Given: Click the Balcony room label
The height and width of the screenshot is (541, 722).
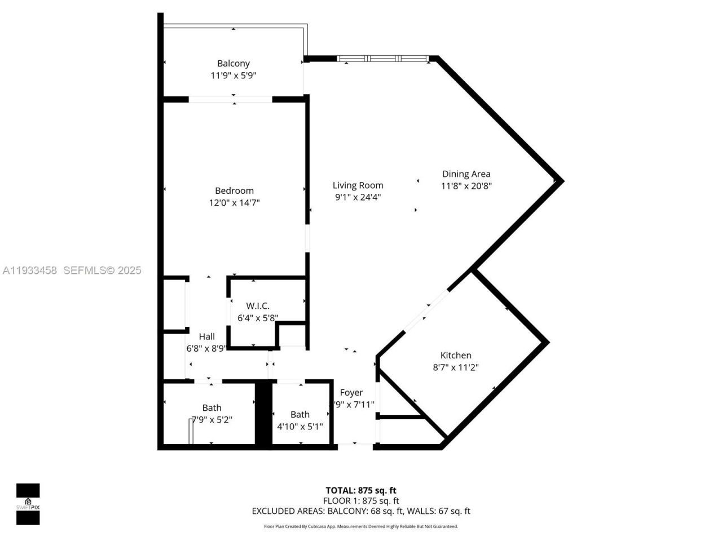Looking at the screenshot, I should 233,64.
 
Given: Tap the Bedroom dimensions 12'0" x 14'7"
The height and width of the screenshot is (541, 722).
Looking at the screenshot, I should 234,203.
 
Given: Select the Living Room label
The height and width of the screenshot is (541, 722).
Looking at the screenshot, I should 358,185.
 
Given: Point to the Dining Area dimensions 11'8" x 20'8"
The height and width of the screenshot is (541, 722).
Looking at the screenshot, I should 466,186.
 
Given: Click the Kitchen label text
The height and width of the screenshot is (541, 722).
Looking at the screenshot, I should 455,356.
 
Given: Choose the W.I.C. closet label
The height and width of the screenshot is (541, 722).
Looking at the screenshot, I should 257,306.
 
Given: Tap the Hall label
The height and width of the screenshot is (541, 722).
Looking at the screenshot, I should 206,336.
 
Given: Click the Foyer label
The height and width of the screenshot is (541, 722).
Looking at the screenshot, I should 351,393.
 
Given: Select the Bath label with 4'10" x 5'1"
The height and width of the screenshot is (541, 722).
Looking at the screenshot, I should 300,415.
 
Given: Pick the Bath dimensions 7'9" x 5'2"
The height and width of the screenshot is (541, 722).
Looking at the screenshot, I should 212,420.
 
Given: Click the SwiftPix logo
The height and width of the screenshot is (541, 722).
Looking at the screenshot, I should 28,504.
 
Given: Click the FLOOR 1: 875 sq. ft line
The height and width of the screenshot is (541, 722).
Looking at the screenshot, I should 360,500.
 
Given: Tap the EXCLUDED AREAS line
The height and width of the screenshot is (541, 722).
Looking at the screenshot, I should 360,511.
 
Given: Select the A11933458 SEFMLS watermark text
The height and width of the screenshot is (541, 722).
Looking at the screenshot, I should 72,270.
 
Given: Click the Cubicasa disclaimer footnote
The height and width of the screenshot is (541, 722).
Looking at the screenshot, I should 360,526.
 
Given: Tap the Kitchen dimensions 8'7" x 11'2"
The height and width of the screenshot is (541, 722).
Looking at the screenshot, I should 455,367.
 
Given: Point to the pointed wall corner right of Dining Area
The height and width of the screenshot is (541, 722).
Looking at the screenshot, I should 560,180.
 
